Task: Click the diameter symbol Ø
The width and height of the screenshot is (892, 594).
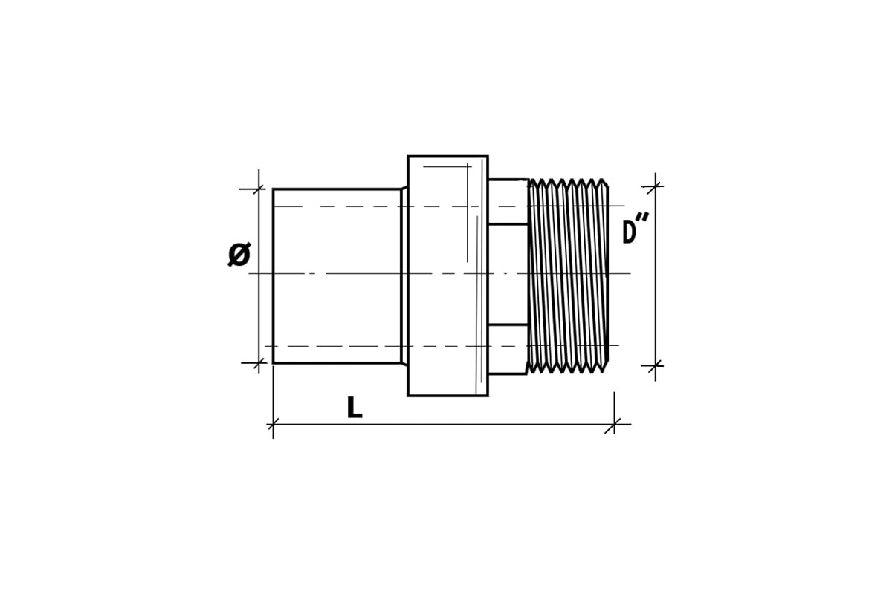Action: tap(239, 254)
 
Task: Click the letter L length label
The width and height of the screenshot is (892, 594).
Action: tap(355, 407)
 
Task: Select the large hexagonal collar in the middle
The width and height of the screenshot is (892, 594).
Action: tap(448, 276)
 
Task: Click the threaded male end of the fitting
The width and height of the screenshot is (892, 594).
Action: tap(567, 276)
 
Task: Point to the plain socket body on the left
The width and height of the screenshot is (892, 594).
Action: tap(337, 276)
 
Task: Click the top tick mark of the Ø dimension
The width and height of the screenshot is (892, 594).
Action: tap(259, 189)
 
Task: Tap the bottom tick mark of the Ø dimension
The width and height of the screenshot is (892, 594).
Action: tap(259, 363)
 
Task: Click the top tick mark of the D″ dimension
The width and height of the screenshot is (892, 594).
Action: tap(655, 186)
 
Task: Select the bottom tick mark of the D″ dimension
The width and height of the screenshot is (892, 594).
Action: tap(655, 365)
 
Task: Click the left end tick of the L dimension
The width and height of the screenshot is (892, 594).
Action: tap(274, 425)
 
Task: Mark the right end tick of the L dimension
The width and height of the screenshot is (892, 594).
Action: tap(614, 425)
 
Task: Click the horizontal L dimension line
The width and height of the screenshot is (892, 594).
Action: tap(444, 425)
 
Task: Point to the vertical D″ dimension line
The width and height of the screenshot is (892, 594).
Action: tap(655, 276)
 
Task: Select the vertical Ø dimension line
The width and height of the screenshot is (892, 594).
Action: tap(259, 272)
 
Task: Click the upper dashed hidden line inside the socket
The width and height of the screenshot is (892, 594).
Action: tap(449, 206)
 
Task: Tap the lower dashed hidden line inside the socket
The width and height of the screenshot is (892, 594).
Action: tap(442, 346)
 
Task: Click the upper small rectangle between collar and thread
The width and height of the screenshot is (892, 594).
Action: tap(508, 202)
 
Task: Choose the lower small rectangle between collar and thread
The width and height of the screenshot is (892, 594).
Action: tap(508, 349)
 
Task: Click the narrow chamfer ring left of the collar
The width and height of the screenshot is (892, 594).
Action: tap(404, 276)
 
